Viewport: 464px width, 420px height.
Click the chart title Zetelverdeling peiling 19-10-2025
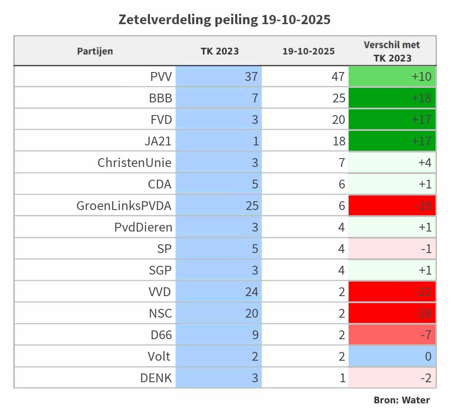point(225,20)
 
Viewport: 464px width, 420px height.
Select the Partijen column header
point(95,51)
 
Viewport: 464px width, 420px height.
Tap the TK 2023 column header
point(220,51)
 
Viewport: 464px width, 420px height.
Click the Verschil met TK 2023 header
point(392,51)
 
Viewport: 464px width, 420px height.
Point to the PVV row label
point(161,77)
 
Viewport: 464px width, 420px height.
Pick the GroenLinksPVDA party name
point(124,206)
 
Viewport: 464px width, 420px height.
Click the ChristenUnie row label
point(134,163)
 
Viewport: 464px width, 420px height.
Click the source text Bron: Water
point(401,400)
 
